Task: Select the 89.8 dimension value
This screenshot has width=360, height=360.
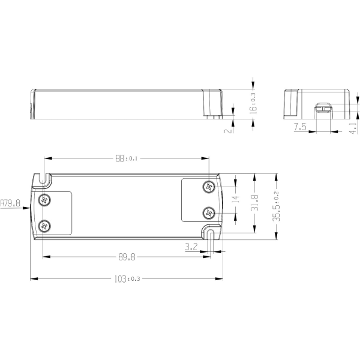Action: pyautogui.click(x=127, y=257)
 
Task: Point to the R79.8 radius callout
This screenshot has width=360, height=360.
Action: pyautogui.click(x=10, y=203)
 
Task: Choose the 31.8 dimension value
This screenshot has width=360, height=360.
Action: pyautogui.click(x=254, y=203)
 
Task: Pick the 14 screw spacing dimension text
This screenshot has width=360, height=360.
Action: pyautogui.click(x=236, y=199)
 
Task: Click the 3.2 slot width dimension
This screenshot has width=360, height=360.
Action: pyautogui.click(x=191, y=247)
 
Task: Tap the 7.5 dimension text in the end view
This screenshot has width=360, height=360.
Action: pyautogui.click(x=300, y=127)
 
